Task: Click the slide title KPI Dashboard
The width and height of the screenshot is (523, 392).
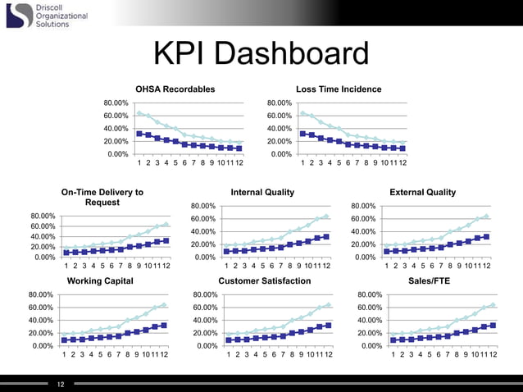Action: click(261, 55)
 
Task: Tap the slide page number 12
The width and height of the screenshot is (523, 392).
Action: click(60, 383)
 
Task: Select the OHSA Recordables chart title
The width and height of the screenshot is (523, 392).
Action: click(175, 89)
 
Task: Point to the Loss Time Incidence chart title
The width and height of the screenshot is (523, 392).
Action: click(339, 89)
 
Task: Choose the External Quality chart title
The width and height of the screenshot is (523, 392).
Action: click(423, 192)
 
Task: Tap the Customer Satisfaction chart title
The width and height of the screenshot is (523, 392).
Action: click(265, 280)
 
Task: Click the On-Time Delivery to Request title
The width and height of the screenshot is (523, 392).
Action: click(102, 197)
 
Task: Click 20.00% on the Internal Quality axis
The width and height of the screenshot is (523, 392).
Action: click(203, 244)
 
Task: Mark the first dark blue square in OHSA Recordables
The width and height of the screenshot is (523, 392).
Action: click(140, 133)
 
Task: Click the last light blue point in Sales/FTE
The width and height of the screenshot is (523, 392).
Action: click(493, 305)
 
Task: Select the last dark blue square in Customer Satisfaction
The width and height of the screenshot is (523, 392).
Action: click(329, 326)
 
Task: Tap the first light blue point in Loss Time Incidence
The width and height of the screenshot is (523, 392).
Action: click(303, 113)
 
